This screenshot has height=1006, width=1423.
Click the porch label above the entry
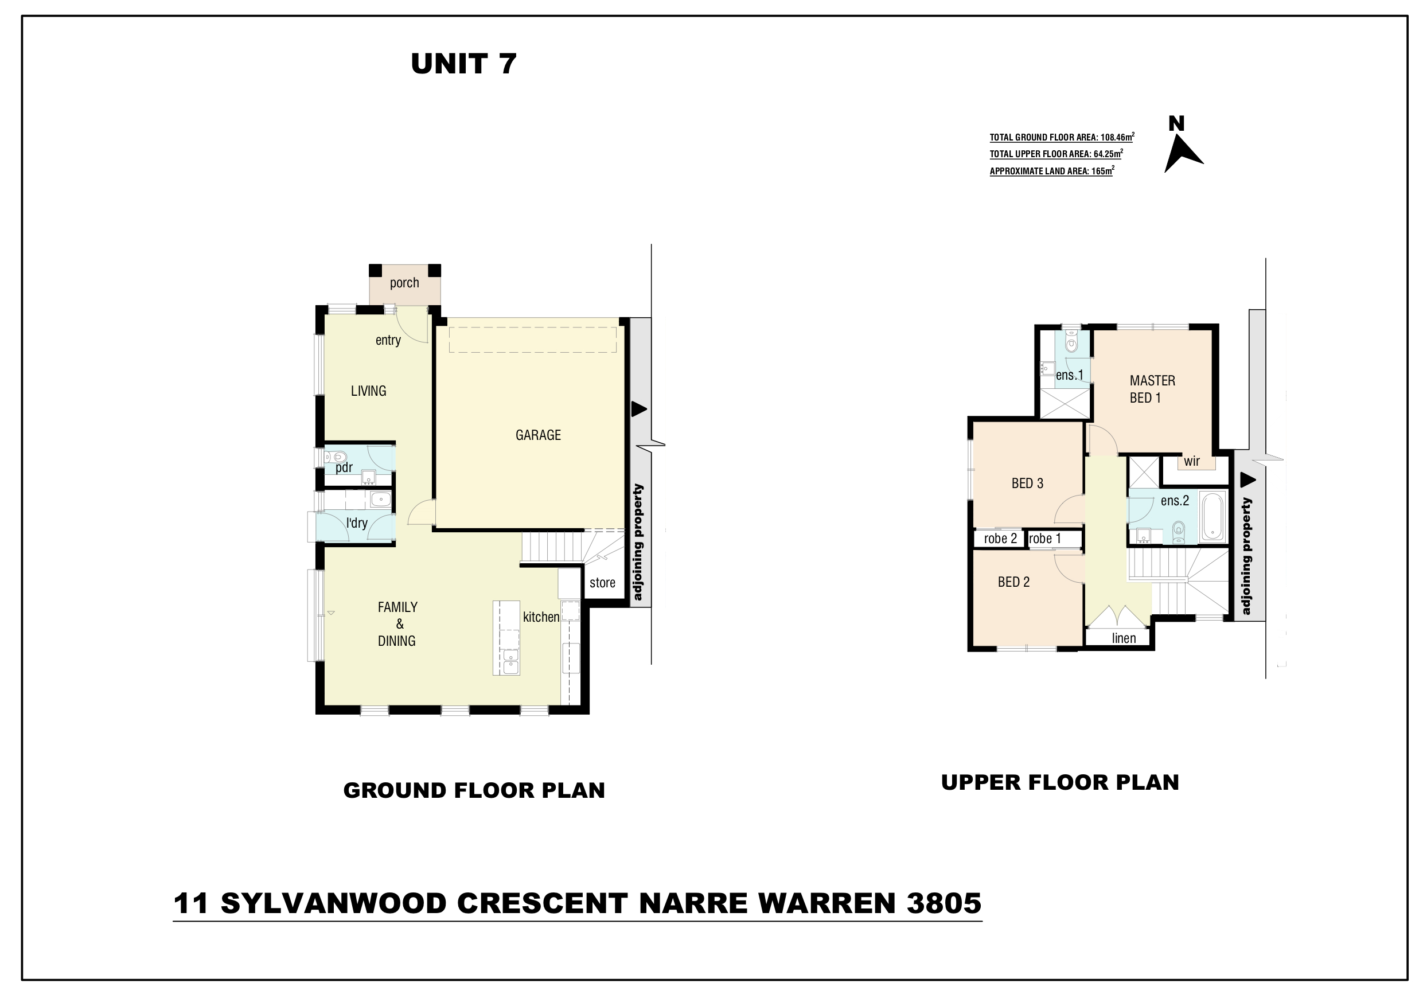point(404,283)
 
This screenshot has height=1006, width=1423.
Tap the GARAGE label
point(538,435)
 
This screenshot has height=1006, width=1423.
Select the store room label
point(602,583)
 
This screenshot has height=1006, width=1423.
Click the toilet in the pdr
point(337,458)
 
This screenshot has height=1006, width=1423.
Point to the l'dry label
point(357,523)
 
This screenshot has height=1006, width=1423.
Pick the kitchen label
point(541,617)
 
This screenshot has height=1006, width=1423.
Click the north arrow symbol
point(1183,154)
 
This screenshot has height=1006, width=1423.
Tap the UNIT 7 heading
point(463,64)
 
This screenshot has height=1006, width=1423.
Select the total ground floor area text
point(1062,137)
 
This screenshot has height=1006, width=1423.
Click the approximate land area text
point(1052,171)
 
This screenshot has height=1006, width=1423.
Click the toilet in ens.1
point(1071,341)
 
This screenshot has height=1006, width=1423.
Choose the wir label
point(1191,461)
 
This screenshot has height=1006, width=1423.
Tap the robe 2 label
point(1000,539)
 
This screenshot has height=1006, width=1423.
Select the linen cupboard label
point(1124,638)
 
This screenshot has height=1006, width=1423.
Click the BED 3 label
point(1027,483)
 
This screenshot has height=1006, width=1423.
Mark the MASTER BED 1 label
point(1152,389)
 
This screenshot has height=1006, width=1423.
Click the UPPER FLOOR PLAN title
point(1060,782)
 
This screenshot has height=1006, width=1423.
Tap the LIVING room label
point(368,391)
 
